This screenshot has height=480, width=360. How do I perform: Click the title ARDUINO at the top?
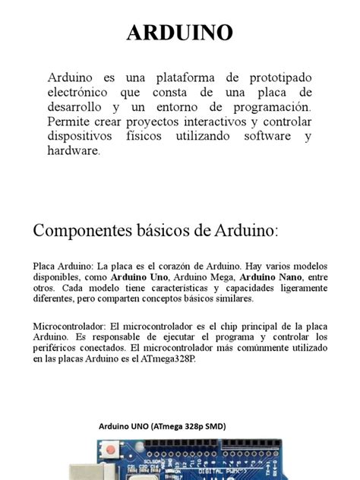[179, 33]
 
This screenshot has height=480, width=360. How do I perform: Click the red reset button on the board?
[111, 450]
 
